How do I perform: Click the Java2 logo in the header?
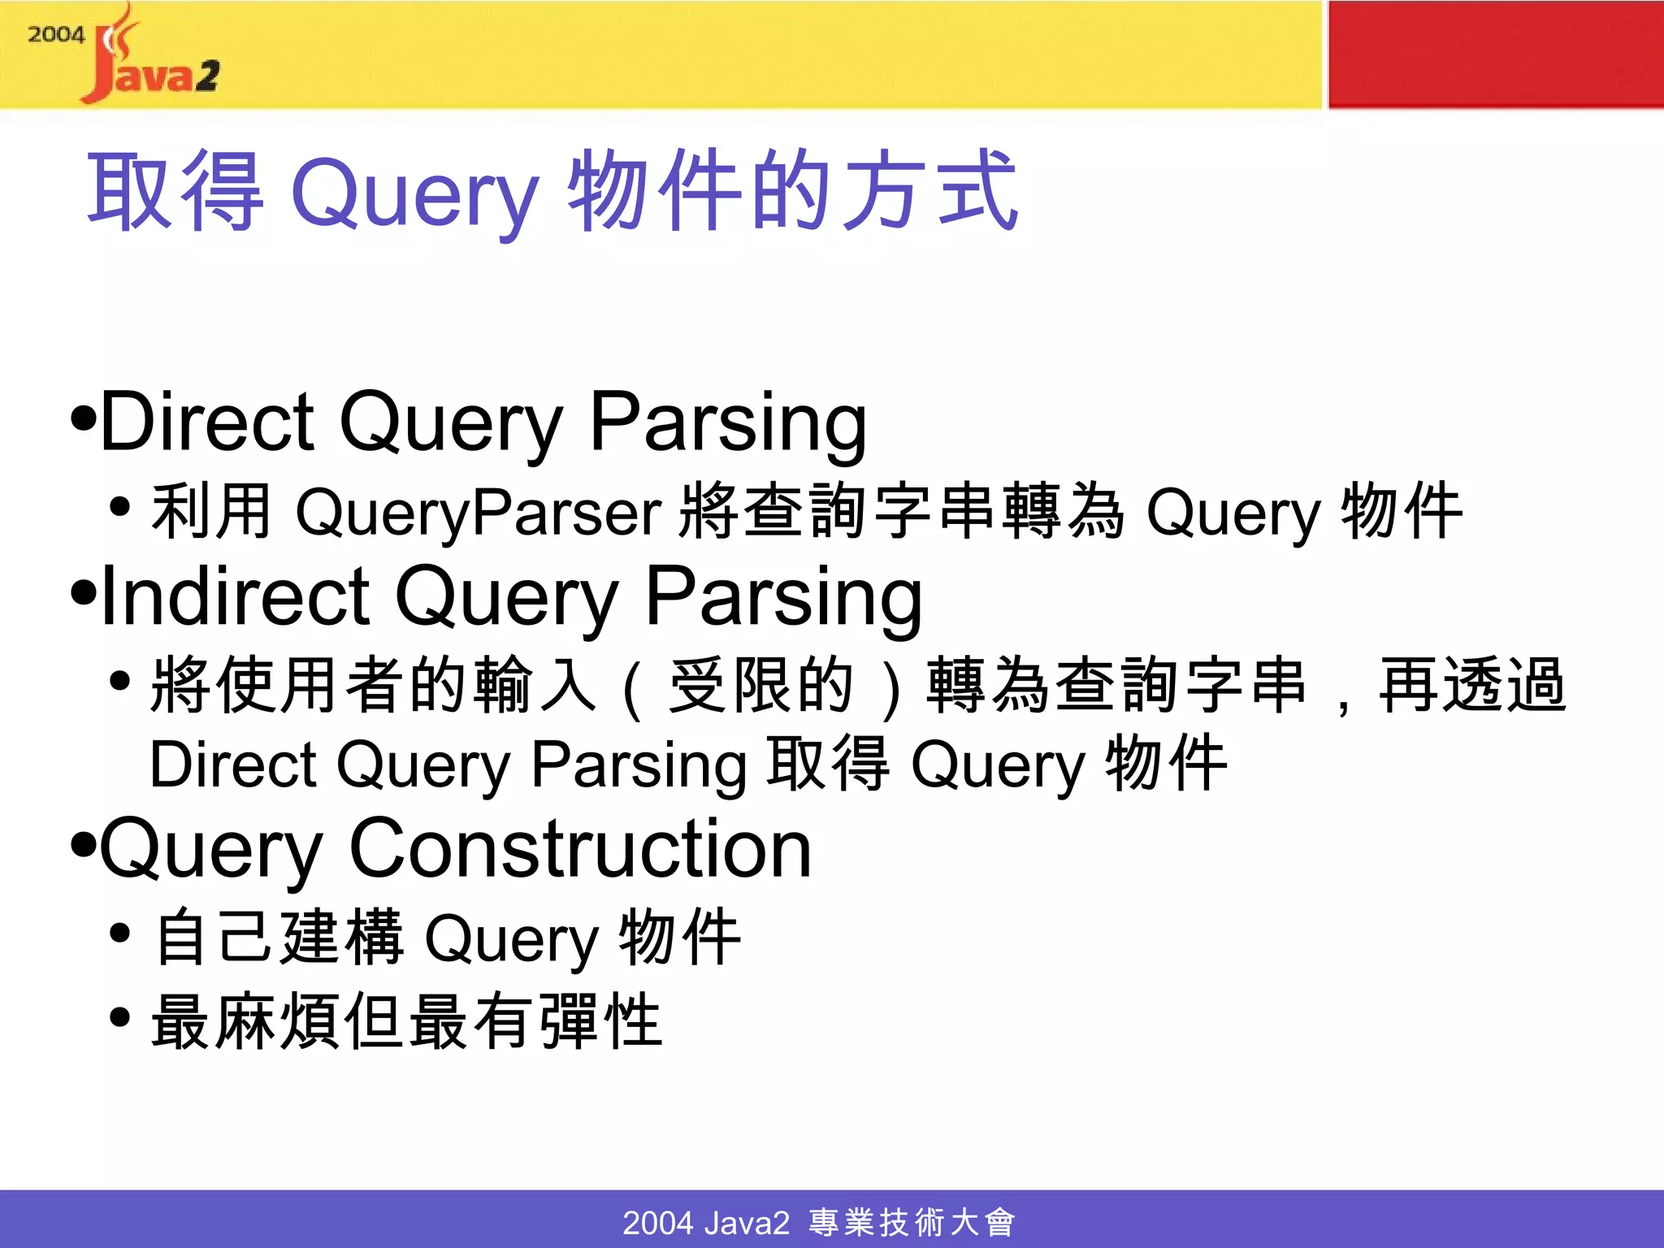tap(150, 61)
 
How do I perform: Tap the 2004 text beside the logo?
tap(55, 35)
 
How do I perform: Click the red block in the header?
tap(1495, 54)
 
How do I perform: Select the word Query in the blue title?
tap(414, 195)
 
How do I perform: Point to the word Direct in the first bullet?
tap(207, 422)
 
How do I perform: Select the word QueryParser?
tap(479, 512)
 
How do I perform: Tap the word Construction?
tap(580, 849)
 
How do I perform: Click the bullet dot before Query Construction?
tap(83, 845)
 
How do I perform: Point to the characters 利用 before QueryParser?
tap(211, 512)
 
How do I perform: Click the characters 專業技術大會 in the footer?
tap(912, 1222)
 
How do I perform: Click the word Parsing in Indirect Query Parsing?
tap(783, 597)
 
